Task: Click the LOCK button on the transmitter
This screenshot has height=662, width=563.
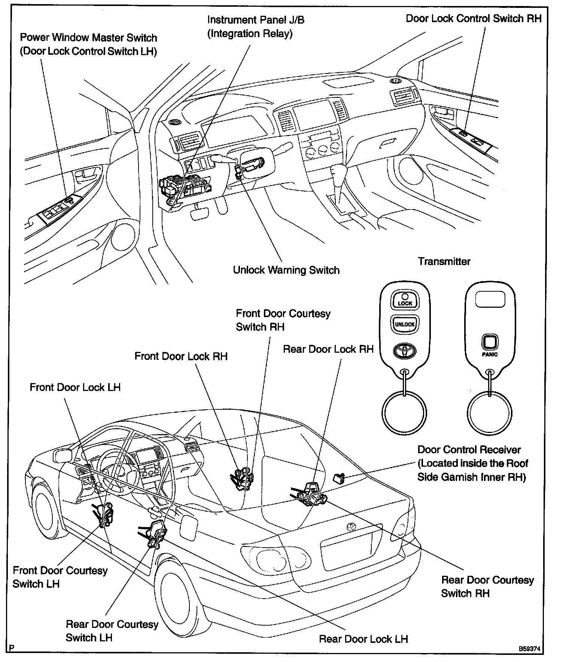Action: click(x=405, y=300)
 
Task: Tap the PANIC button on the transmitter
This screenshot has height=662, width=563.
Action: click(x=490, y=342)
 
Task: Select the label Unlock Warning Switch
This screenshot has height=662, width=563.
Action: click(x=286, y=270)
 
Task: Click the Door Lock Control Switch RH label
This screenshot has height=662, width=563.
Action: click(x=474, y=18)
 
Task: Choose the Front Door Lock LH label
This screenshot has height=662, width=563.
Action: click(x=75, y=387)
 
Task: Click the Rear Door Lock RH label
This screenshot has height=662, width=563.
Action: click(x=328, y=349)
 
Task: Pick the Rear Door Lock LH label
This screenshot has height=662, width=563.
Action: click(x=363, y=639)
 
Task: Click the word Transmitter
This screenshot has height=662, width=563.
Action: click(x=444, y=261)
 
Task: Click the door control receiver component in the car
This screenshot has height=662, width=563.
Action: click(x=339, y=478)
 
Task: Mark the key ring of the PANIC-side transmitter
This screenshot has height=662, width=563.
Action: click(x=490, y=413)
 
